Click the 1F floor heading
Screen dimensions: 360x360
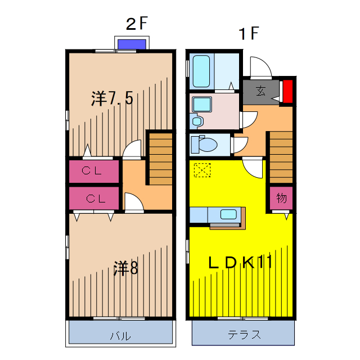[x=248, y=34]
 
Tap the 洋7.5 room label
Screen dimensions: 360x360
[x=112, y=99]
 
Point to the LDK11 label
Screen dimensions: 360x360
[x=241, y=263]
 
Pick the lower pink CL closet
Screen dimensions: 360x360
[x=94, y=199]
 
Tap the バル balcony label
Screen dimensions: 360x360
[x=120, y=336]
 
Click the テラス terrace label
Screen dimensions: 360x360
[x=244, y=335]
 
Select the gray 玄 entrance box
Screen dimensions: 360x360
[x=260, y=91]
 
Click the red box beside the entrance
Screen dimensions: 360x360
[x=287, y=92]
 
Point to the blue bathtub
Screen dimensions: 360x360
[x=201, y=70]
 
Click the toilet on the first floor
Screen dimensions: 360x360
[x=204, y=145]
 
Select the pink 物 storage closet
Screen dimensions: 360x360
[x=281, y=198]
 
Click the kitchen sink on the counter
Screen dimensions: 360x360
[x=228, y=214]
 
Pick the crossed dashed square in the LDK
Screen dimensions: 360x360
[x=201, y=169]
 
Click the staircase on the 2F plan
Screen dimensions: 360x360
[x=160, y=159]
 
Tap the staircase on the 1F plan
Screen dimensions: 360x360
[x=280, y=157]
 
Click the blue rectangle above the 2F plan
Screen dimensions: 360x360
[x=132, y=44]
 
